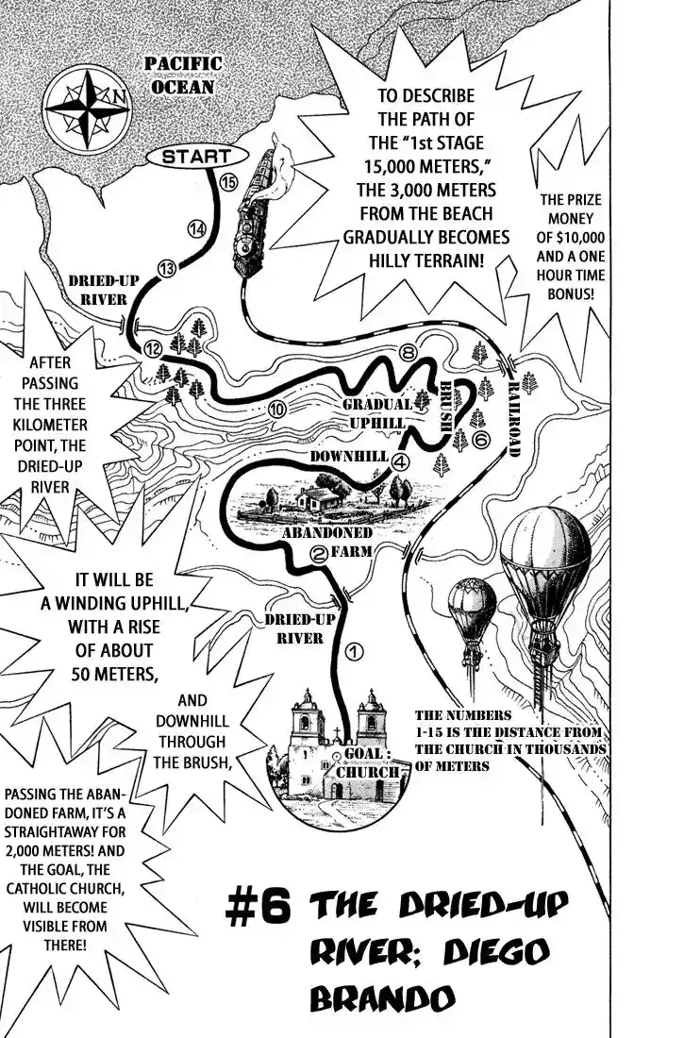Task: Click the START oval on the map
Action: coord(195,157)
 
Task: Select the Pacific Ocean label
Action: coord(183,75)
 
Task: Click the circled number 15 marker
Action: coord(227,183)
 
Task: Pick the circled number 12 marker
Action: coord(153,349)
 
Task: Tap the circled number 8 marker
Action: coord(408,353)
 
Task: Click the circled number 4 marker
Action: coord(400,462)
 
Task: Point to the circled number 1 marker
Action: coord(355,652)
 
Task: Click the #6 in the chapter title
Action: coord(258,906)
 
